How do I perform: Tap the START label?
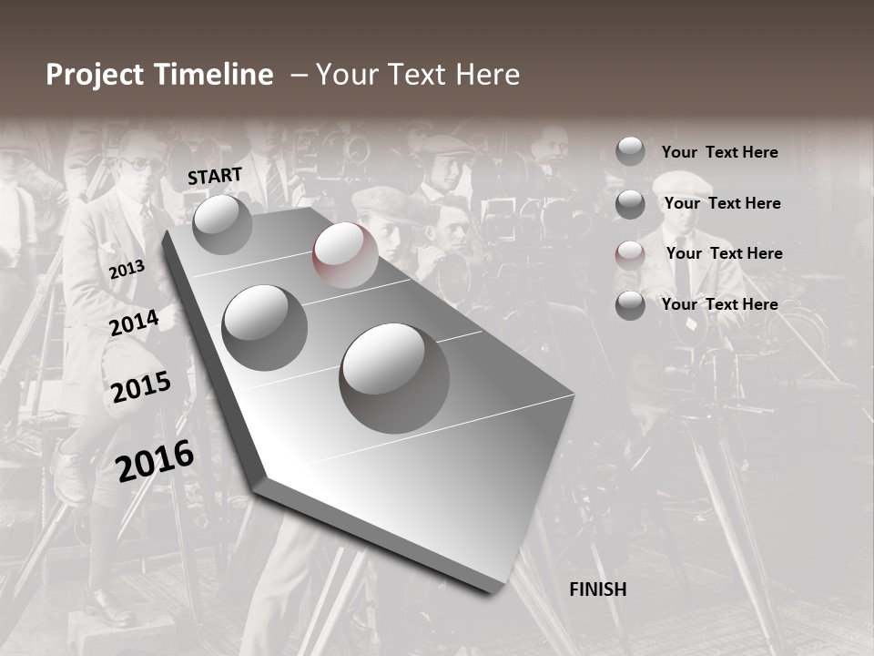point(215,176)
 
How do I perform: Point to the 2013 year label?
point(127,270)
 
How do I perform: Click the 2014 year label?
point(134,323)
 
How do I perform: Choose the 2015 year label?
point(141,387)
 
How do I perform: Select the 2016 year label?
point(155,460)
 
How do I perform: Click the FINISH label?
point(598,589)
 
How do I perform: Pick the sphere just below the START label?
point(222,224)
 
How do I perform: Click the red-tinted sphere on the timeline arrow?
point(345,255)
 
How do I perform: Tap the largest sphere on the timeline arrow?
point(394,377)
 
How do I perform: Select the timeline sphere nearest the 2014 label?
point(265,327)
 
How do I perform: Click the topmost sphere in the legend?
point(630,151)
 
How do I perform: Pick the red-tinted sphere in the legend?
point(630,254)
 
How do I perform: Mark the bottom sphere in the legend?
point(630,305)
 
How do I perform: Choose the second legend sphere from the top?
point(630,204)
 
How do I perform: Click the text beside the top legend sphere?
point(720,152)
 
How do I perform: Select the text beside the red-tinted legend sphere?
point(724,253)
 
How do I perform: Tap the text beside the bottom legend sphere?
point(720,304)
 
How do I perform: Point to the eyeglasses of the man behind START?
point(138,165)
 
